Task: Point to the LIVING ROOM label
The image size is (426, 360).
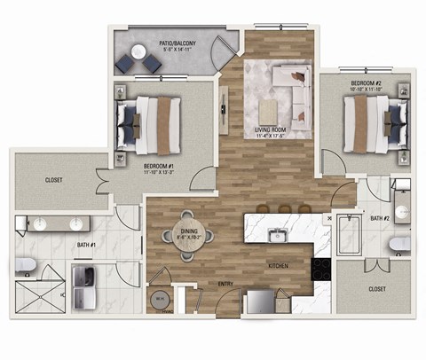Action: click(276, 132)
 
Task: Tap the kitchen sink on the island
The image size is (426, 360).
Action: click(278, 234)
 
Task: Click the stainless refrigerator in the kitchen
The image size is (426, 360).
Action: click(261, 302)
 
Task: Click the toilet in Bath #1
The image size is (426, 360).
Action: click(26, 265)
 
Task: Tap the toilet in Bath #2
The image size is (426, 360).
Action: click(401, 242)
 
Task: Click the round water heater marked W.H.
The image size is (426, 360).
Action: click(161, 299)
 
